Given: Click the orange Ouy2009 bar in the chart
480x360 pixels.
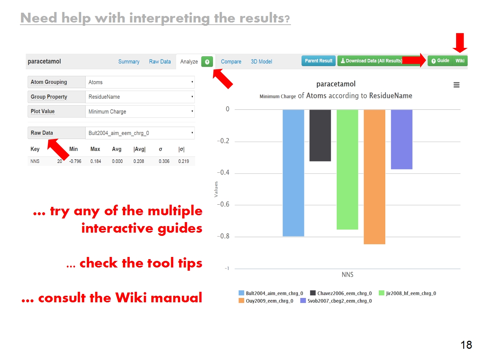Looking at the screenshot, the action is (374, 177).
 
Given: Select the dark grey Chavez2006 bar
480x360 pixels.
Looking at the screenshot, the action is (320, 135).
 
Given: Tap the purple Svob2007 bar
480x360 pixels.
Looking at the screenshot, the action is (402, 139).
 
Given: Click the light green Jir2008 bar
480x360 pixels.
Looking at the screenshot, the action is (347, 169).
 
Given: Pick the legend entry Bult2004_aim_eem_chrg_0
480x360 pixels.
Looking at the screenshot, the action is (271, 293).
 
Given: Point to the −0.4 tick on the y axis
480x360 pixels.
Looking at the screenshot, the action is (223, 172).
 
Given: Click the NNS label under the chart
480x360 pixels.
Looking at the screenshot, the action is (347, 274).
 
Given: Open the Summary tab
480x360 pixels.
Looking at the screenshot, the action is (129, 61).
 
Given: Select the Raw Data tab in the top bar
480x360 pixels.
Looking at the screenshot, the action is (160, 61).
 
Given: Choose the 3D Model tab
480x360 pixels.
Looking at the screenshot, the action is (261, 61).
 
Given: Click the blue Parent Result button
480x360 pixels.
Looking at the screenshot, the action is (319, 61).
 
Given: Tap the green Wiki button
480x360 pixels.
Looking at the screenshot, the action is (460, 61).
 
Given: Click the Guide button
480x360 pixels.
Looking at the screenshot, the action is (440, 61).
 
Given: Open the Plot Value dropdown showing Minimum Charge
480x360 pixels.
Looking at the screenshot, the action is (140, 111).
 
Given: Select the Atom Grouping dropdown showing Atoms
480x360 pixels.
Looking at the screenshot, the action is (140, 82).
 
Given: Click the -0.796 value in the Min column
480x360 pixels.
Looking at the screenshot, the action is (75, 161).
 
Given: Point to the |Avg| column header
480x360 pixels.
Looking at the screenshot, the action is (139, 149).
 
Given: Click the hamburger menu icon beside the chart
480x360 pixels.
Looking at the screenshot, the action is (456, 85).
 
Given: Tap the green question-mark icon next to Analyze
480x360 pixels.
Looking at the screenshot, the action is (207, 62).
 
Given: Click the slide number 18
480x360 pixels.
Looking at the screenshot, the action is (466, 345).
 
